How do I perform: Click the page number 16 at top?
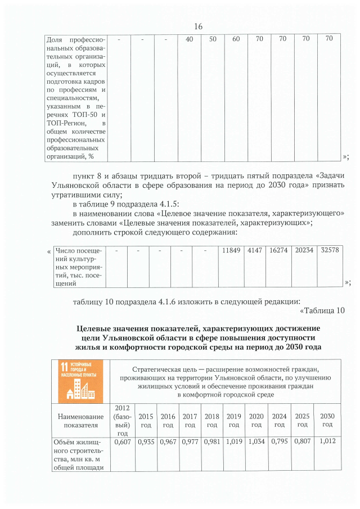[x=197, y=27]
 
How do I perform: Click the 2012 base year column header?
[x=122, y=420]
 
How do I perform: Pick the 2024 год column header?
[x=279, y=420]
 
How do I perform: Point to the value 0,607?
[x=122, y=442]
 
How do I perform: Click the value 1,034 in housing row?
[x=256, y=442]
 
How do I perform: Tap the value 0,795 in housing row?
[x=279, y=442]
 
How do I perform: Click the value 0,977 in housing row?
[x=190, y=442]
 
